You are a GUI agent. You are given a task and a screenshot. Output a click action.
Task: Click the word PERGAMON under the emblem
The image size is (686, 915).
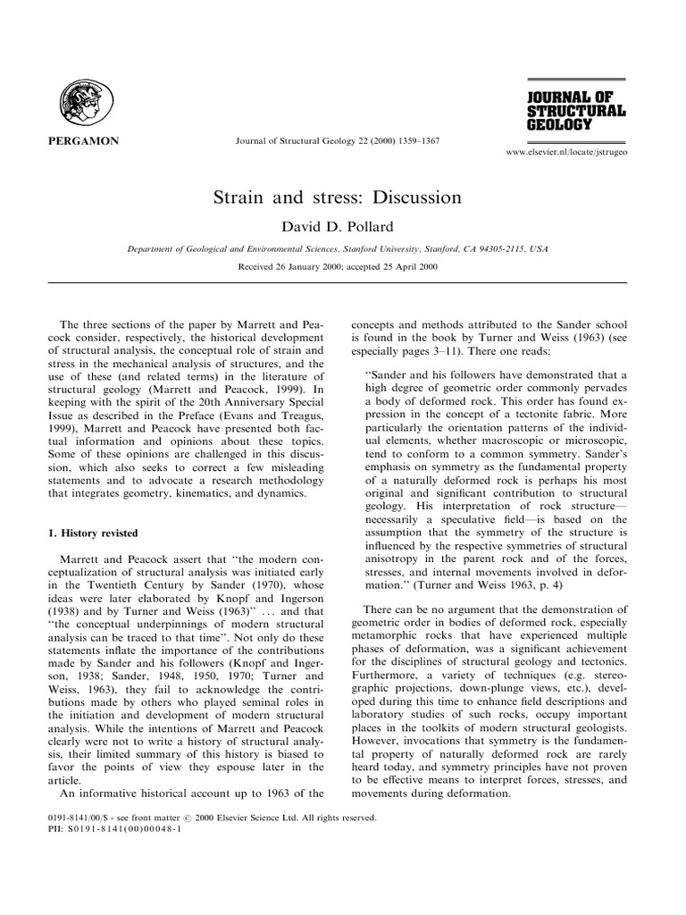click(77, 141)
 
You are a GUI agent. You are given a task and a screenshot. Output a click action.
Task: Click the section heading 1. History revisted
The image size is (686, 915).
click(92, 533)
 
